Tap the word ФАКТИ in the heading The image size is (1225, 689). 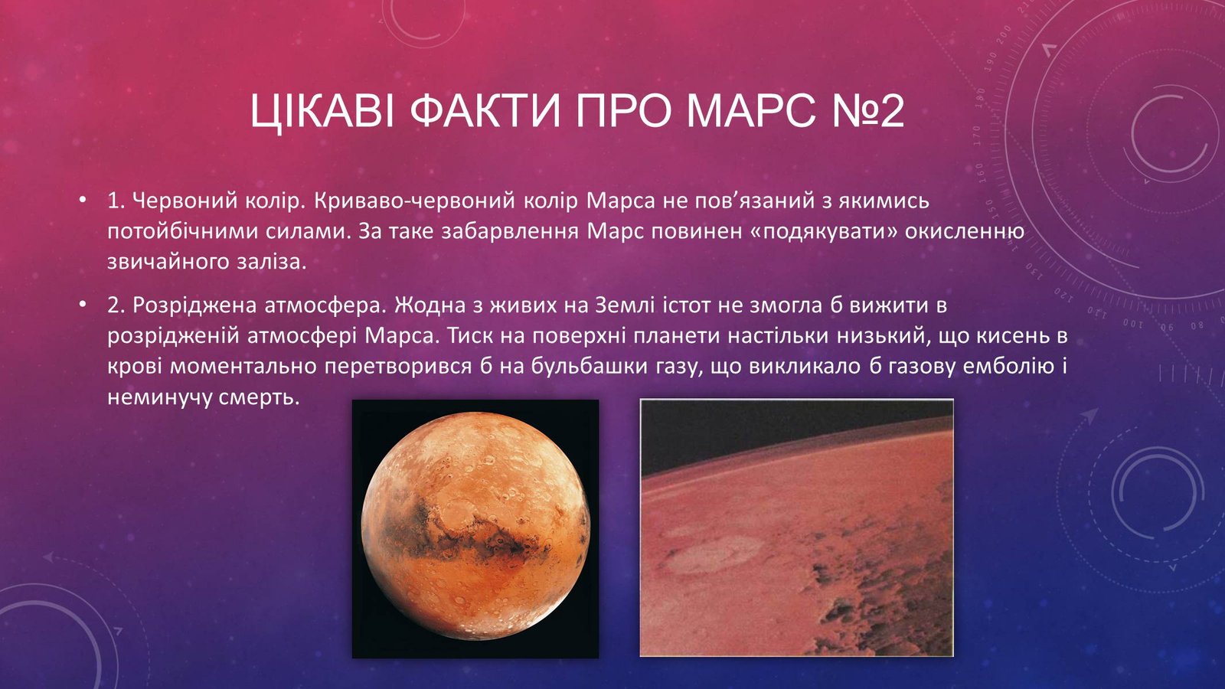pyautogui.click(x=486, y=111)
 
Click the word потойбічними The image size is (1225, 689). pyautogui.click(x=181, y=231)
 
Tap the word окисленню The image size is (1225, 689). pyautogui.click(x=965, y=231)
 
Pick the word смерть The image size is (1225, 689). pyautogui.click(x=259, y=397)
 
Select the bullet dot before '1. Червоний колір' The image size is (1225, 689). pyautogui.click(x=82, y=200)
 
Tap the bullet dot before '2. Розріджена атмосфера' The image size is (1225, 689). pyautogui.click(x=82, y=305)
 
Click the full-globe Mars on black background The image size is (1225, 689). pyautogui.click(x=475, y=528)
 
